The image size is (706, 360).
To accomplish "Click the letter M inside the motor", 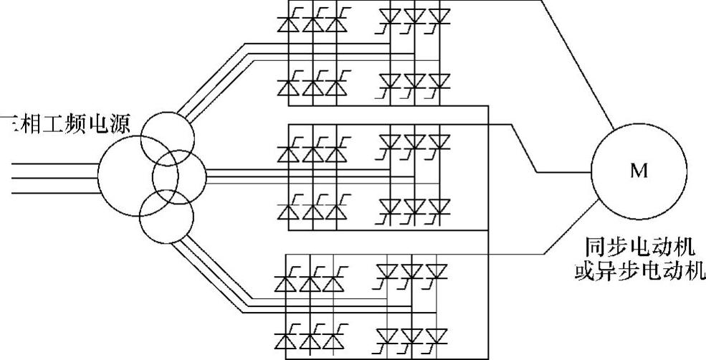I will (638, 171).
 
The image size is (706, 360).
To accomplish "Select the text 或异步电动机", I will (639, 273).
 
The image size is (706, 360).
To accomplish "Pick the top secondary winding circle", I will (166, 140).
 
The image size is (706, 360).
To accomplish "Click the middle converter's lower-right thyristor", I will (437, 207).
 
